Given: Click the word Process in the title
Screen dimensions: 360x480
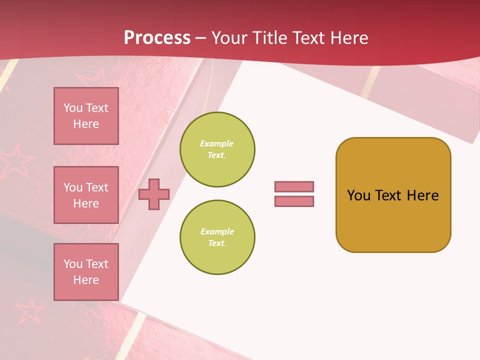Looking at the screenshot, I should pos(157,38).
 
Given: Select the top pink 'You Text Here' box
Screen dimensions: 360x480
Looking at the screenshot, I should pos(86,116).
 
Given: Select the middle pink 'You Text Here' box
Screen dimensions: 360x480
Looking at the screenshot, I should pos(86,195).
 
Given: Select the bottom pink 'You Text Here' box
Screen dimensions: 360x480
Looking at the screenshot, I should pos(86,272).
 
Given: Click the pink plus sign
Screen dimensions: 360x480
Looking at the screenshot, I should pos(154,194).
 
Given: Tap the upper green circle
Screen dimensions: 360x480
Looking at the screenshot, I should pos(217,149).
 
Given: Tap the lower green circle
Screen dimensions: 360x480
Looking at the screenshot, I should pos(217,237).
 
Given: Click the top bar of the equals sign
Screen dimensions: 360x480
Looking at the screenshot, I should pos(294,186).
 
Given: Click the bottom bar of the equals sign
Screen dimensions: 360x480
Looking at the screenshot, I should pos(294,201).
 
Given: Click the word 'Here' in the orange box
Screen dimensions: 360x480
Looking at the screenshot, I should pos(422,195).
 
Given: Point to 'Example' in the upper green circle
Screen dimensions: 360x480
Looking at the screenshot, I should pos(217,143).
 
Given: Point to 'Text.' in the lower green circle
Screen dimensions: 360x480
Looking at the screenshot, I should pos(217,243).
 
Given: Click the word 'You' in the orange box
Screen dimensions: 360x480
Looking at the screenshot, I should pos(358,195).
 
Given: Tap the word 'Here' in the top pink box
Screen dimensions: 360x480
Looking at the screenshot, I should pos(86,124).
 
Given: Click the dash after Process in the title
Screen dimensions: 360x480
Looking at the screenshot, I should pos(201,38).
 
